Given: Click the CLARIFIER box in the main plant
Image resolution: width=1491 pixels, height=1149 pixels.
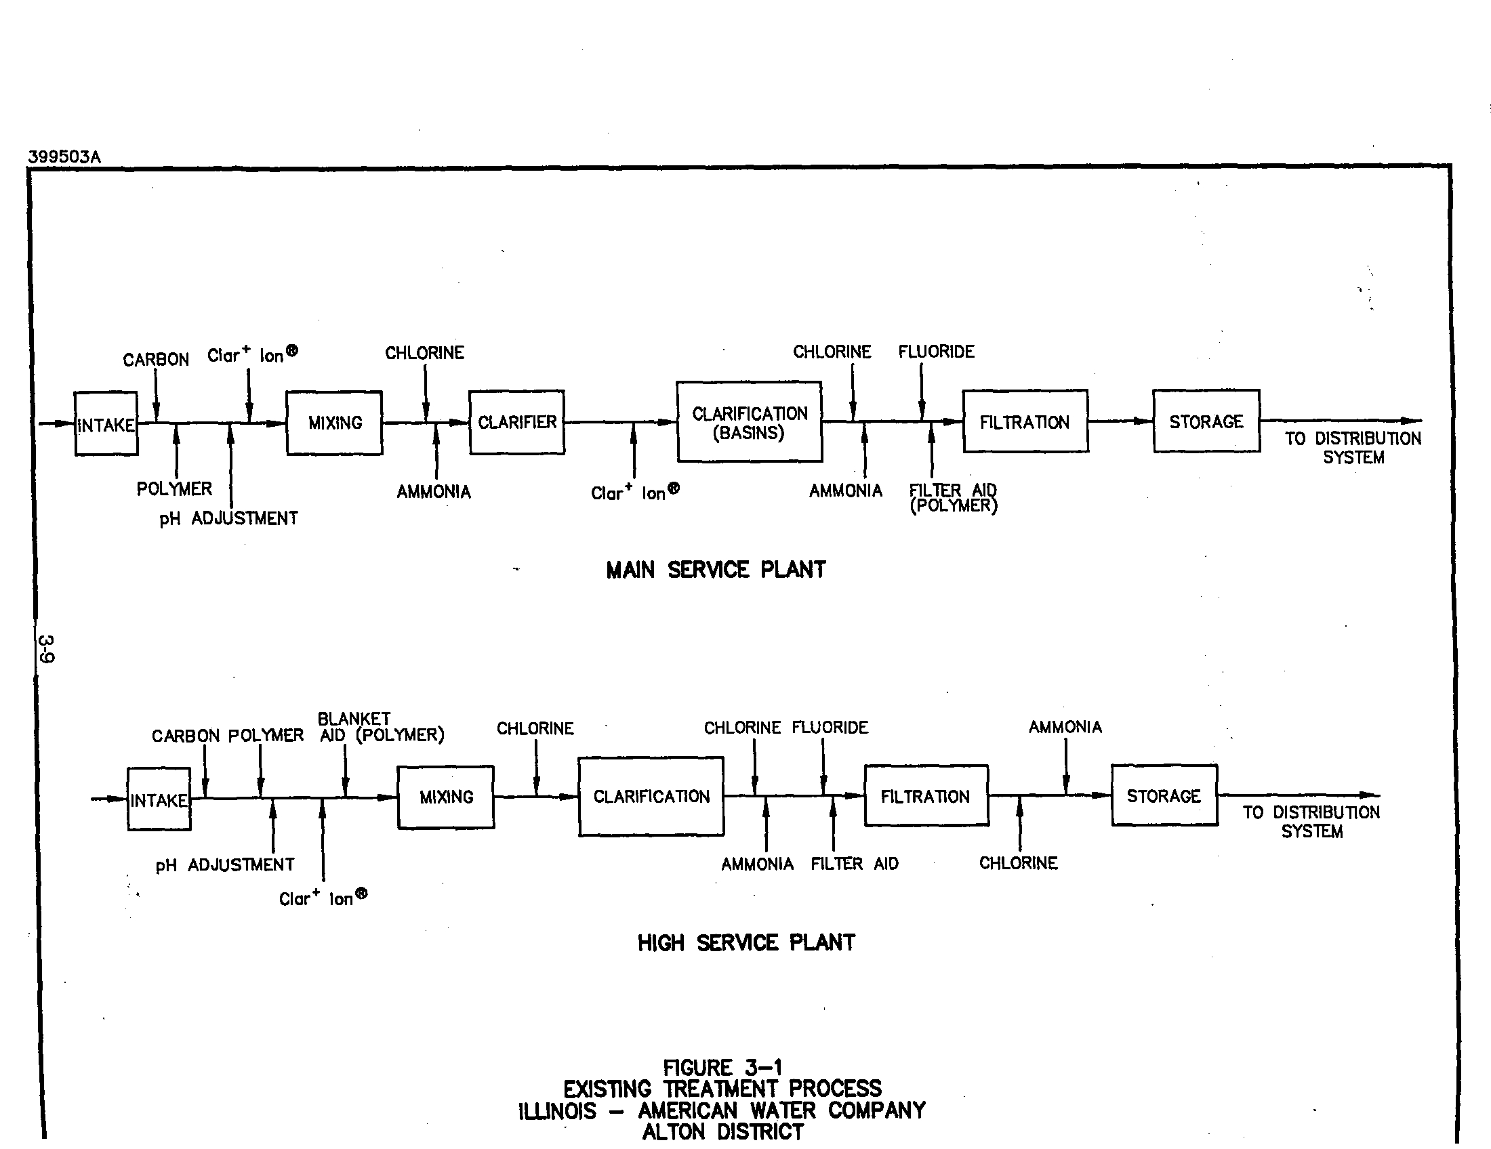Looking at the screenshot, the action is pos(517,422).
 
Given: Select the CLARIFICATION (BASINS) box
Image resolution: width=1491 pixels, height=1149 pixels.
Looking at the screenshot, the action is pos(749,421).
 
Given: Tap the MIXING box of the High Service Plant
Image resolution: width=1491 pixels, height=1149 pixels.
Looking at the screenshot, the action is pos(446,797).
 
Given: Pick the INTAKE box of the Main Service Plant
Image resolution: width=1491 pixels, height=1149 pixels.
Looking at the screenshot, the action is pos(106,423).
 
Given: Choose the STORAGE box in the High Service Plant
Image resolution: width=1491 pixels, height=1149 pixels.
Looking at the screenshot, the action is pos(1164,795).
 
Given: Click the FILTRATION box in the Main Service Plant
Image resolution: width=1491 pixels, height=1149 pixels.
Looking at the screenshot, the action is pos(1025,421).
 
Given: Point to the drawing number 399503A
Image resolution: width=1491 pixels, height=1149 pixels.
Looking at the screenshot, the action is pos(64,157).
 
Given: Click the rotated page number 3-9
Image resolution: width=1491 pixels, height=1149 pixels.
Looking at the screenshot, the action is pos(46,649).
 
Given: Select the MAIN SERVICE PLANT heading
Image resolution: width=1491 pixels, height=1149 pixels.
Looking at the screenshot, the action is pos(716,570).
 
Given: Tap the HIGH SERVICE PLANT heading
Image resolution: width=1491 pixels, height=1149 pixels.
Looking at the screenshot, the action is pos(746,943).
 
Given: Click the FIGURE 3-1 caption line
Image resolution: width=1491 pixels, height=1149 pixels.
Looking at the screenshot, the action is pos(722,1068).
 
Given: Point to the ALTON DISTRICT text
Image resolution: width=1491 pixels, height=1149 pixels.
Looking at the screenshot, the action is pos(723,1132).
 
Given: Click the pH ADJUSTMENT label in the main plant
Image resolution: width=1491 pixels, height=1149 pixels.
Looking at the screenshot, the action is pos(228,518).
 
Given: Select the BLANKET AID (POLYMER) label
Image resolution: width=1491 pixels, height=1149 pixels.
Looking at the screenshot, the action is pos(381,728).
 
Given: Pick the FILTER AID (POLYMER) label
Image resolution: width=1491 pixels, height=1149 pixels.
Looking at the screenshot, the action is pos(953,498).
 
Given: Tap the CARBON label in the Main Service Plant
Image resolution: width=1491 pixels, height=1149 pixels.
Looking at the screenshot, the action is pos(156,360).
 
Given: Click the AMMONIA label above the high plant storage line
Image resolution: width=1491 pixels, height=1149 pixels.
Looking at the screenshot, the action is pos(1065,728).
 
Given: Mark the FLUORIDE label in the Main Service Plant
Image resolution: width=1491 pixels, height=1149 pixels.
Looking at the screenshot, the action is pos(936,352).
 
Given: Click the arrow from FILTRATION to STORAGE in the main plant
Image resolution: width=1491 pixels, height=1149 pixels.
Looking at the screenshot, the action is pos(1121,421).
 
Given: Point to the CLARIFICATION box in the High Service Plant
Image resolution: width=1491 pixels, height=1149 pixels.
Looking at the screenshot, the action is pos(651,796).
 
